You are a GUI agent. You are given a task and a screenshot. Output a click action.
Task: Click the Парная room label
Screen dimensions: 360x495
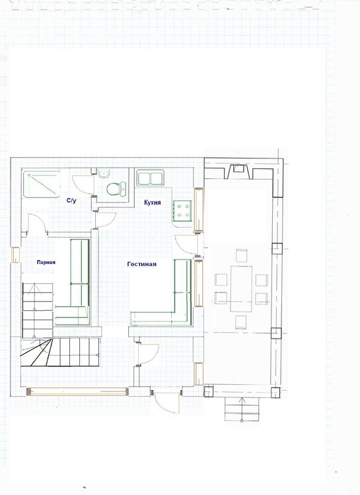pos(46,262)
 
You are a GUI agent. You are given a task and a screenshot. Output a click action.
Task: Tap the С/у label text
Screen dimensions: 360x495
pos(71,201)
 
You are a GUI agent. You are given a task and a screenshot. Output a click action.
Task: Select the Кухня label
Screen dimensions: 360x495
pos(153,203)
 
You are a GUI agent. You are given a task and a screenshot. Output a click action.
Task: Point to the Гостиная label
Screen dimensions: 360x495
pos(141,264)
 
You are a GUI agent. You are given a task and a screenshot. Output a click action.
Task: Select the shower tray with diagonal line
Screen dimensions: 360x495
pos(42,184)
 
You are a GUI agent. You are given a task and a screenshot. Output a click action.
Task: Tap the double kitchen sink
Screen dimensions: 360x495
pos(151,178)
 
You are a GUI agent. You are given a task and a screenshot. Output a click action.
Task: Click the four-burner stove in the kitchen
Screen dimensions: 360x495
pos(182,211)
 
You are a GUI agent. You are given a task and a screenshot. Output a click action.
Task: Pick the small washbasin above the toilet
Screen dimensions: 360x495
pos(104,173)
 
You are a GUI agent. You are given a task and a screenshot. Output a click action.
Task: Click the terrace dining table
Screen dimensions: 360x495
pos(241,288)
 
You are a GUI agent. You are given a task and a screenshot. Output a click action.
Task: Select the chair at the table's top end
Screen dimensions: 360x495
pos(242,255)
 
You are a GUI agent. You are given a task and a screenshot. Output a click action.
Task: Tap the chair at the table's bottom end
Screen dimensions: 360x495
pos(241,322)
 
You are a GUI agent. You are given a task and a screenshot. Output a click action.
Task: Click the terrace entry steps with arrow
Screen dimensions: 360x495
pos(242,409)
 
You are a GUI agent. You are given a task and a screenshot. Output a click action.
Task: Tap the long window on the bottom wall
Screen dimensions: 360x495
pos(77,391)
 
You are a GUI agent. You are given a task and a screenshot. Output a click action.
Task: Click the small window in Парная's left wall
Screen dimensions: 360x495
pos(15,255)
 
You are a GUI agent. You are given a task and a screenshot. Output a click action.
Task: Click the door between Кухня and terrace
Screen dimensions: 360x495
pos(186,245)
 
